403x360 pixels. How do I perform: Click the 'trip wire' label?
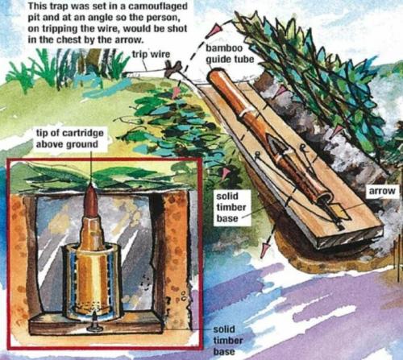(151, 54)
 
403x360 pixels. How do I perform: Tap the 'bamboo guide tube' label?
(230, 54)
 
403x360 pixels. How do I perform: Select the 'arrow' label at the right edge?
(382, 191)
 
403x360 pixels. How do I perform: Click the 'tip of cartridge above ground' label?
(69, 139)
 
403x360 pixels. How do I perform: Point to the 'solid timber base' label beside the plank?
(231, 207)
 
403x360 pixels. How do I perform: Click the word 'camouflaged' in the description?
(158, 6)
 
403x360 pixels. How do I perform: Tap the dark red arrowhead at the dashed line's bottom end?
(267, 247)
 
